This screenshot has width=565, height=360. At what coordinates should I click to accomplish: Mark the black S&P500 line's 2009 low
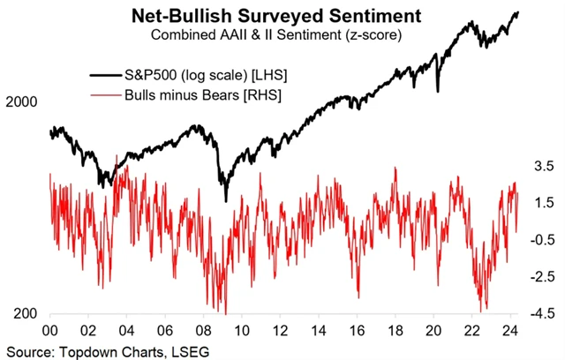pyautogui.click(x=226, y=199)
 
